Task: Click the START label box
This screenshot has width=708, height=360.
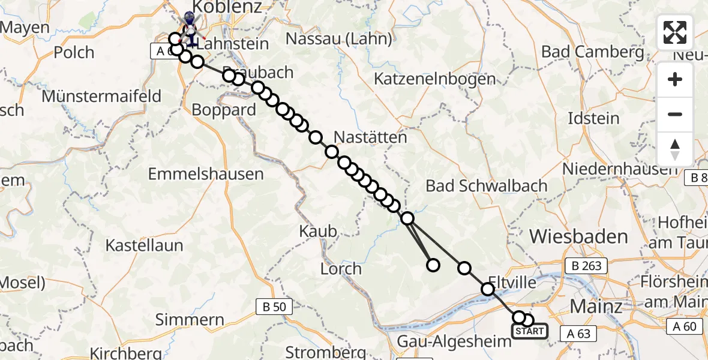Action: point(529,331)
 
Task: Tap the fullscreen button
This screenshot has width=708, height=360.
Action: point(675,32)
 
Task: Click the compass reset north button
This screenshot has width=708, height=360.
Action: point(675,149)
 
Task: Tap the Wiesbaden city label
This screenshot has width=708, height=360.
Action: point(578,236)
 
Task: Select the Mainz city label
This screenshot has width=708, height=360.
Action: point(596,306)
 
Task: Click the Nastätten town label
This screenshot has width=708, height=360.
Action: point(370,137)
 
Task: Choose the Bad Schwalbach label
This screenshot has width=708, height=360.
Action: point(487,185)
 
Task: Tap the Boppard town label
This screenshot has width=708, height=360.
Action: point(224,110)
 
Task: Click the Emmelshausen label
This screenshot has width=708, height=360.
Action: point(206,174)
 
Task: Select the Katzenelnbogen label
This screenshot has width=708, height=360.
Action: point(435,79)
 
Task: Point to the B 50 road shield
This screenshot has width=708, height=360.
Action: point(274,307)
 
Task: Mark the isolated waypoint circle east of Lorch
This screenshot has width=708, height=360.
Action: point(433,265)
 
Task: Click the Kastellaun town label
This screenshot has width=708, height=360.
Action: point(145,245)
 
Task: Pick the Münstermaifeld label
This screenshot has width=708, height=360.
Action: point(101,96)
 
